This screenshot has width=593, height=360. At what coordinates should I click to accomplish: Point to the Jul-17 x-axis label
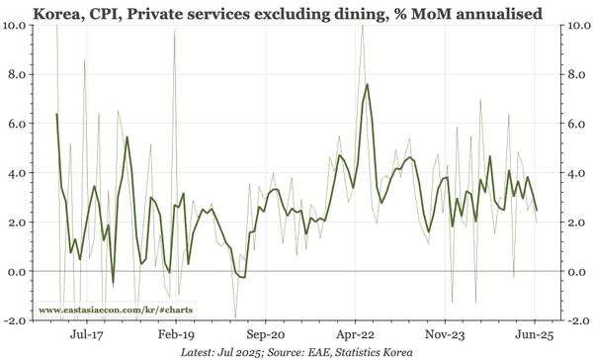[x=87, y=334]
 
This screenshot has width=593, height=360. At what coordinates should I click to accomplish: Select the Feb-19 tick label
[x=177, y=334]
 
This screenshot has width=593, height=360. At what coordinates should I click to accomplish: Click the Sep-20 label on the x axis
[x=266, y=334]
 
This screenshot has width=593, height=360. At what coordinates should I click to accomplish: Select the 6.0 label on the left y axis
[x=21, y=124]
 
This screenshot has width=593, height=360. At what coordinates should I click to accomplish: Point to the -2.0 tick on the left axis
[x=19, y=320]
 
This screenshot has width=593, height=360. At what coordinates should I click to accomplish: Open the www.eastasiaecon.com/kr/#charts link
[x=116, y=310]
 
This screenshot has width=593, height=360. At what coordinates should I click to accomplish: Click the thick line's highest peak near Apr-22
[x=368, y=84]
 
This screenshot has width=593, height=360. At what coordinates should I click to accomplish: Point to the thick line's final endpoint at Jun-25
[x=537, y=210]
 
